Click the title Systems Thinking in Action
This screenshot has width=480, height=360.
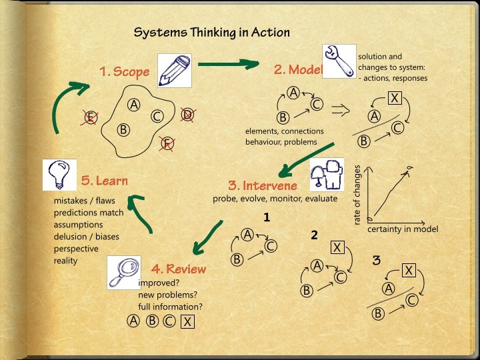tap(211, 32)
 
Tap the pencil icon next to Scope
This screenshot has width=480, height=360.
tap(175, 71)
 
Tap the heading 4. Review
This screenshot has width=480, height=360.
tap(178, 269)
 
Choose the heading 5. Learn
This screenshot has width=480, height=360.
tap(104, 181)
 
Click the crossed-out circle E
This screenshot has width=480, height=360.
tap(91, 119)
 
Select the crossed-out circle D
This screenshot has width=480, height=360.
tap(187, 114)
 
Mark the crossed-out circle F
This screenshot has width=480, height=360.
tap(167, 143)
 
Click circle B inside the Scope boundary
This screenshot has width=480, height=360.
tap(123, 129)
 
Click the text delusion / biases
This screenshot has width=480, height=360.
tap(86, 237)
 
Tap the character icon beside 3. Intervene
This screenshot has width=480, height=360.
tap(327, 176)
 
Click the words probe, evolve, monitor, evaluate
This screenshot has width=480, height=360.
tap(275, 198)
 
